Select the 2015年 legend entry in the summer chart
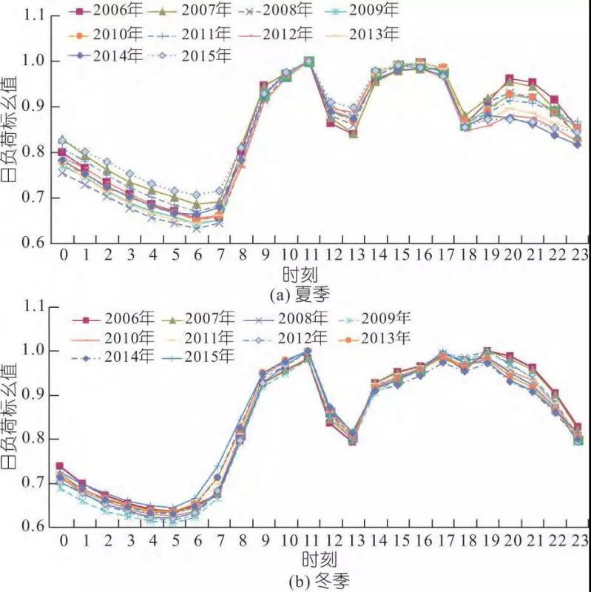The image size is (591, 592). (197, 55)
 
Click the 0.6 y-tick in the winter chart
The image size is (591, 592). (33, 527)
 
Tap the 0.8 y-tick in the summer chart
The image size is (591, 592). (33, 152)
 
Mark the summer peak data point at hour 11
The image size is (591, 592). (308, 61)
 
